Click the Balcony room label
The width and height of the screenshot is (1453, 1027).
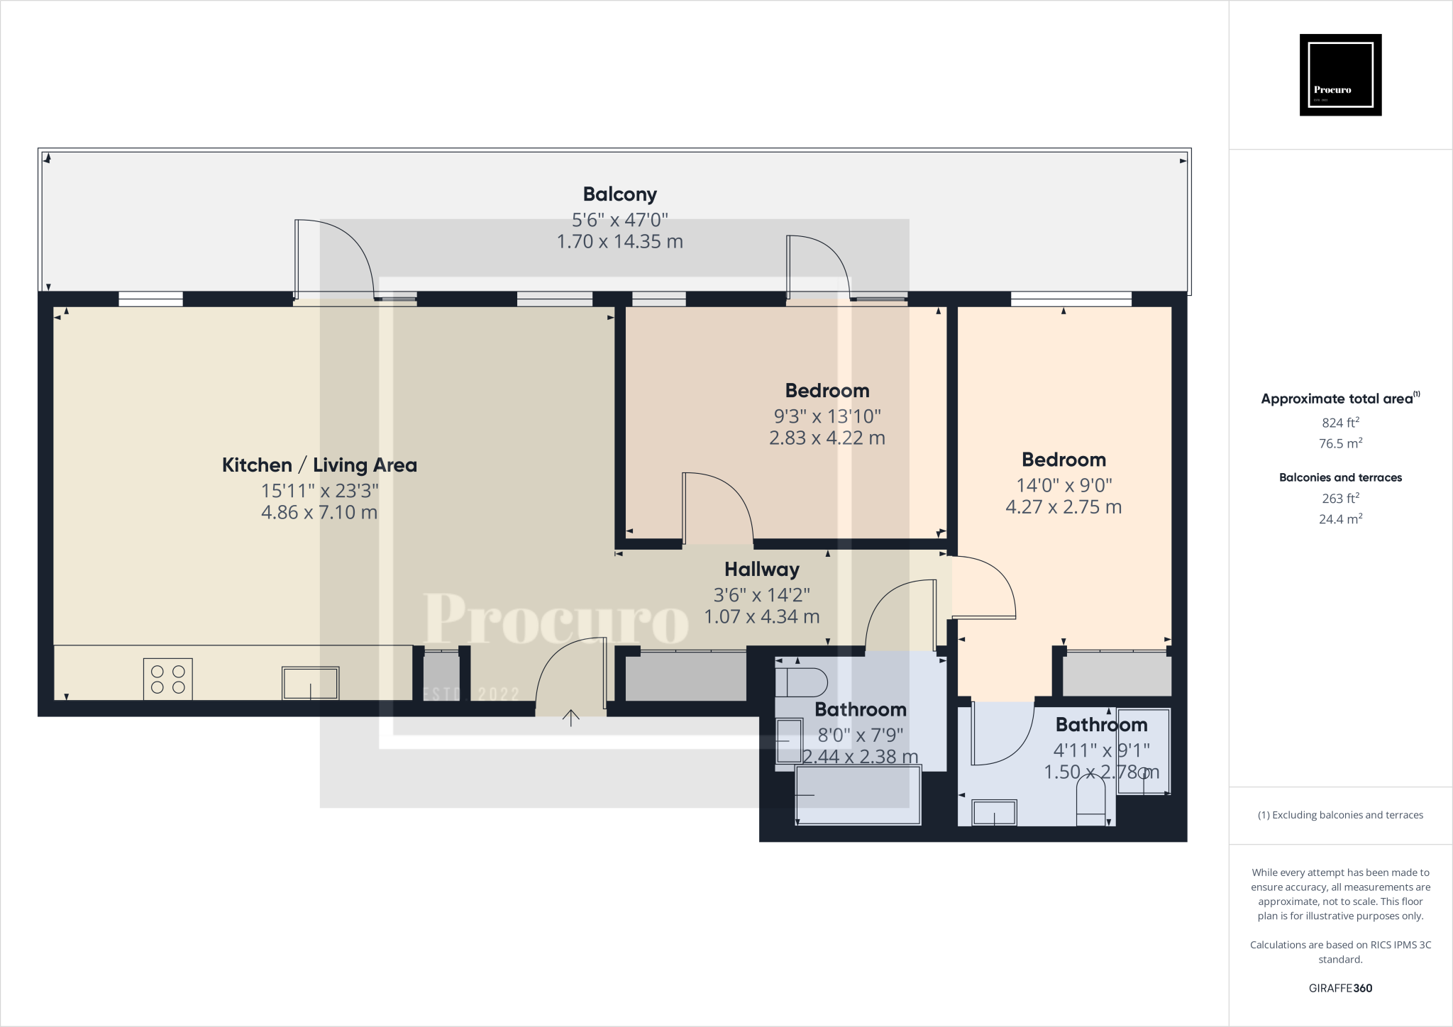pyautogui.click(x=619, y=194)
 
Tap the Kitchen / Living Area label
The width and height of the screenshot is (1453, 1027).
pyautogui.click(x=319, y=465)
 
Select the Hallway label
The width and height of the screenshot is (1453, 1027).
pyautogui.click(x=761, y=570)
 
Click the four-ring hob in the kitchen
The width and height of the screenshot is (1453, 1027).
pyautogui.click(x=168, y=679)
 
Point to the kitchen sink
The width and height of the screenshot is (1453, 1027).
pyautogui.click(x=310, y=683)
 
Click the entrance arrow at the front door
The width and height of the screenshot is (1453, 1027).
pyautogui.click(x=570, y=718)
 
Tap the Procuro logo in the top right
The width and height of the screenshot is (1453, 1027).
pyautogui.click(x=1340, y=74)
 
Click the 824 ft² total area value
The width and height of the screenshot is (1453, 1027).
pyautogui.click(x=1340, y=423)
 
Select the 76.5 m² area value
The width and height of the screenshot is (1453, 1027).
pyautogui.click(x=1340, y=443)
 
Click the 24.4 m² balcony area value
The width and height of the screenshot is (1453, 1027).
pyautogui.click(x=1340, y=519)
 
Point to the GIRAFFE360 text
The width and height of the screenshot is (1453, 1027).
pyautogui.click(x=1340, y=988)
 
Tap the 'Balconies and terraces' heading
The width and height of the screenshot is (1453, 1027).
pyautogui.click(x=1340, y=477)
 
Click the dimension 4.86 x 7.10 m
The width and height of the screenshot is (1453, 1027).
pyautogui.click(x=319, y=512)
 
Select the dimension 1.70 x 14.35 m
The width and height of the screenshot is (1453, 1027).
pyautogui.click(x=619, y=242)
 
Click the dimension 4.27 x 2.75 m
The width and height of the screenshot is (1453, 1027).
pyautogui.click(x=1063, y=507)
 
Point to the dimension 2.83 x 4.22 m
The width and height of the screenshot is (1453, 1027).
pyautogui.click(x=827, y=438)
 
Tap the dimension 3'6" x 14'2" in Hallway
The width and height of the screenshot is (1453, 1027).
pyautogui.click(x=761, y=594)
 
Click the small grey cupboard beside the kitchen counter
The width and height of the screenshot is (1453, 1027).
pyautogui.click(x=441, y=675)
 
